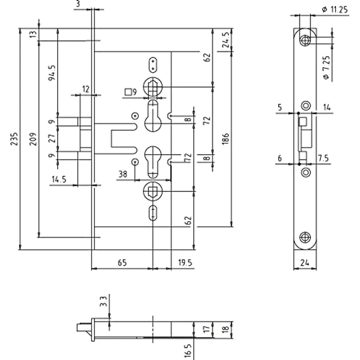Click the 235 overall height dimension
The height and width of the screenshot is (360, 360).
[x=15, y=138]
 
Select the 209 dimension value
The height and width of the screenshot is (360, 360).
[x=33, y=139]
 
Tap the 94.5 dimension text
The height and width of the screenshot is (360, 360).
[x=52, y=73]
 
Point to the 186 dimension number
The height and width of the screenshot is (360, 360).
[x=225, y=139]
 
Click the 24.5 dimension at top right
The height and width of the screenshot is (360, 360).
[x=226, y=40]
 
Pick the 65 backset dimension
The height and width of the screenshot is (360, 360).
[x=122, y=263]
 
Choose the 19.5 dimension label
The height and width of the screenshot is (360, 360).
[x=185, y=263]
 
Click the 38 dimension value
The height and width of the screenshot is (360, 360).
[x=123, y=174]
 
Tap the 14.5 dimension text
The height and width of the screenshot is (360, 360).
[x=59, y=179]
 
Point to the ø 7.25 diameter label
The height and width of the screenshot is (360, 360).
[x=326, y=67]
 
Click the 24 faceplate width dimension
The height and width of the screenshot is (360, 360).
[x=305, y=263]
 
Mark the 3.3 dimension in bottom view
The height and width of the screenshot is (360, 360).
[x=104, y=301]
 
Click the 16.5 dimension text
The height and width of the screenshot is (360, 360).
[x=187, y=351]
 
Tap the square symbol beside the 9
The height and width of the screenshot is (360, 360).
[x=128, y=92]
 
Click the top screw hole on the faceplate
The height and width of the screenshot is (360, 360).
[x=305, y=41]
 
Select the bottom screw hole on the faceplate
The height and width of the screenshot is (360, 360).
[x=305, y=237]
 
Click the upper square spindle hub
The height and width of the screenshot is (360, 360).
[x=153, y=87]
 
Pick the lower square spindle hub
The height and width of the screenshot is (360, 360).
[x=153, y=191]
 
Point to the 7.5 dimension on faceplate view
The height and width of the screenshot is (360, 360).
[x=323, y=158]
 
